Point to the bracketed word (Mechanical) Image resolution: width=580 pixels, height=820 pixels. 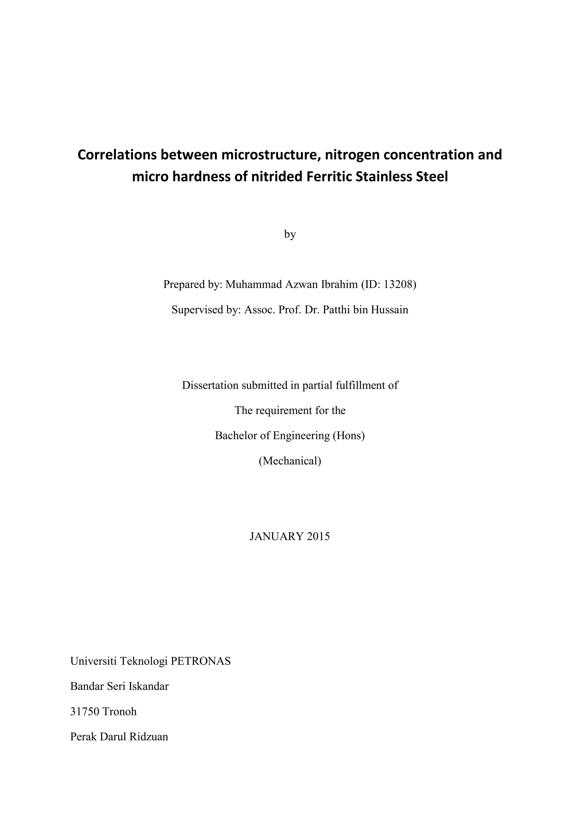pos(290,461)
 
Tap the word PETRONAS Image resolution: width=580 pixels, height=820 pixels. pos(201,661)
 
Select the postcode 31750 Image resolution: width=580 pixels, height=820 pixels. pos(85,712)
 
